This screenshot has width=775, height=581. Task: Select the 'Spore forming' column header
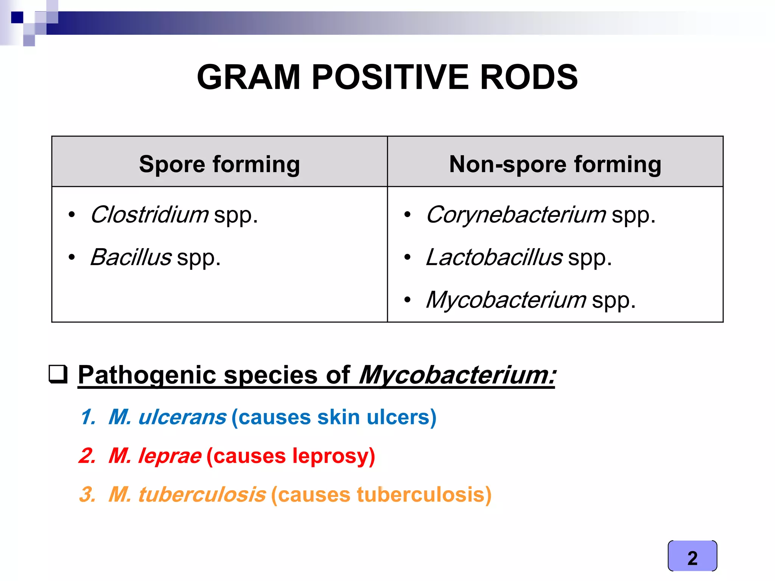tap(219, 164)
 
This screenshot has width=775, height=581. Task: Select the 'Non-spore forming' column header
tap(555, 164)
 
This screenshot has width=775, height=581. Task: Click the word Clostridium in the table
tap(149, 214)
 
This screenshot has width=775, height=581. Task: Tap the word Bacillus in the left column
tap(131, 257)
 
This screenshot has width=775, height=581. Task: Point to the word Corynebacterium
tap(516, 214)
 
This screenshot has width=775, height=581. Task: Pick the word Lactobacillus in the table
tap(494, 257)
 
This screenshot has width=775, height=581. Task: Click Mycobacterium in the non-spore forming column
tap(506, 300)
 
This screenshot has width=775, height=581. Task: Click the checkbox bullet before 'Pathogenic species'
tap(58, 374)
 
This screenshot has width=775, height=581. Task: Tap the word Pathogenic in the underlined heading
tap(147, 375)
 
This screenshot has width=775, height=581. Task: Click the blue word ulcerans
tap(182, 417)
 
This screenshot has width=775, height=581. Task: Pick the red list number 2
tap(87, 455)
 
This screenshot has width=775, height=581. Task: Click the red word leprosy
tap(330, 455)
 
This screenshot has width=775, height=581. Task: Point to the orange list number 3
tap(87, 494)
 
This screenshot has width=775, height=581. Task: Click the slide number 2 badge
tap(692, 556)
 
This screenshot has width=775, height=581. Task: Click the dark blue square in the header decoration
tap(17, 17)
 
